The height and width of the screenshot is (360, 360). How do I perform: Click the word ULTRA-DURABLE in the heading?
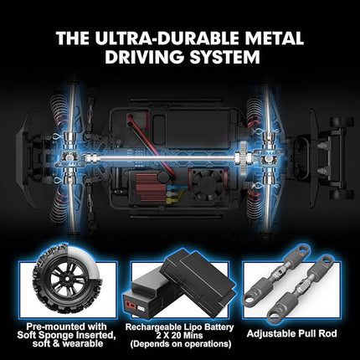[x=173, y=38]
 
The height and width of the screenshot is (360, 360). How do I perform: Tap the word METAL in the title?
[x=274, y=38]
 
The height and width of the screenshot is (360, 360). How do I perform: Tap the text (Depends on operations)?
[x=179, y=345]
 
